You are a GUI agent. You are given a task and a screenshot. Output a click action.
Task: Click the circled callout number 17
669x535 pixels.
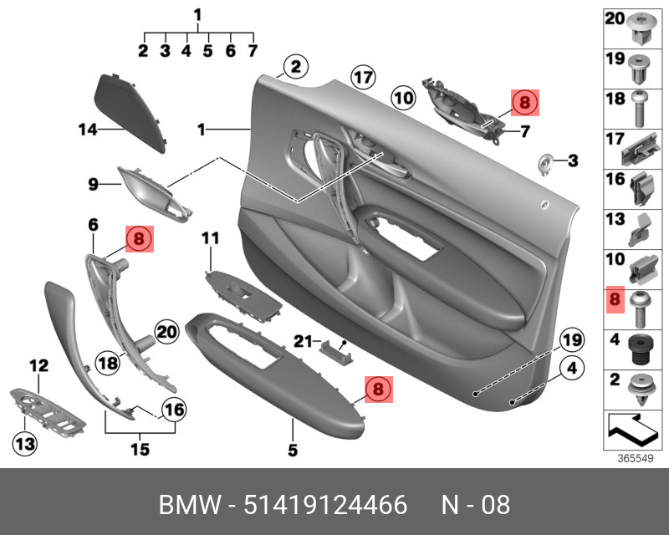point(361,78)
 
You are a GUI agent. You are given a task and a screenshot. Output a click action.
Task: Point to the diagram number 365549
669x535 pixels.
point(635,459)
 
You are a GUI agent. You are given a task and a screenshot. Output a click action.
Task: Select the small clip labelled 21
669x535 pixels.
point(334,346)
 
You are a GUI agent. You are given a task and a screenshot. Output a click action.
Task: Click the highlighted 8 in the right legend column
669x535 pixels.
point(615,299)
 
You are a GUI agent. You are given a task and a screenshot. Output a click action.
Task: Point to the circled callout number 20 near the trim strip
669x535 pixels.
point(167,333)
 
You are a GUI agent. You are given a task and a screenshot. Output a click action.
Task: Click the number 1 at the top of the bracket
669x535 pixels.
point(197,14)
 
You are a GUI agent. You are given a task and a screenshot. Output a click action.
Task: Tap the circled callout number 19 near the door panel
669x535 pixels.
point(571,340)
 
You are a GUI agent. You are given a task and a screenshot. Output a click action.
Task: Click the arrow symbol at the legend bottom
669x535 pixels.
point(633,430)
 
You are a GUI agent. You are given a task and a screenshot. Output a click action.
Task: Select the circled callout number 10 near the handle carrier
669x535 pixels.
point(403,99)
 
